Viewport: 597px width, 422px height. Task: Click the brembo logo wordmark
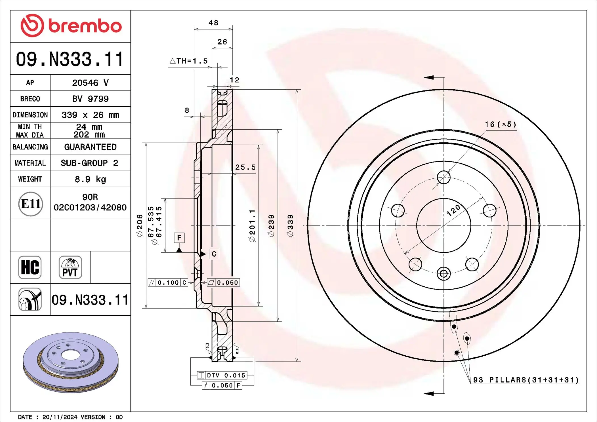[x=85, y=26]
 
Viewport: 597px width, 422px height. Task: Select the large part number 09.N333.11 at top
[x=70, y=59]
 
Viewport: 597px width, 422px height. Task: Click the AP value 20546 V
[x=90, y=83]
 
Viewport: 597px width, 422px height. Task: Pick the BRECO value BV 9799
[x=90, y=99]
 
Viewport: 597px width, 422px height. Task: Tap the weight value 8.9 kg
[x=90, y=179]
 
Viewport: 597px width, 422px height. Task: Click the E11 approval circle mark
[x=31, y=204]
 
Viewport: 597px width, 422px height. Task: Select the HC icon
[x=30, y=267]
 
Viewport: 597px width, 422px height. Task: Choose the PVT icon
[x=70, y=267]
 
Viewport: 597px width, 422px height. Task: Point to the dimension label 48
[x=213, y=23]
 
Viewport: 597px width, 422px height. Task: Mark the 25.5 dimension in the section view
[x=245, y=167]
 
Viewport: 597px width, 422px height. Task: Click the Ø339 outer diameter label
[x=290, y=225]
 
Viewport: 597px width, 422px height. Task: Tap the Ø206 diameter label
[x=140, y=225]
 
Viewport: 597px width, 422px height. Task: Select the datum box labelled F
[x=179, y=238]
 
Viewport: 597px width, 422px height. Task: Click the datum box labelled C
[x=214, y=254]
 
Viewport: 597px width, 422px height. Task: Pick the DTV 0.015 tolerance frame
[x=222, y=375]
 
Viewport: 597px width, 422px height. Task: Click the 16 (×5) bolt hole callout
[x=500, y=125]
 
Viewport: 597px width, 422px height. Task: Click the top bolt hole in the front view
[x=443, y=177]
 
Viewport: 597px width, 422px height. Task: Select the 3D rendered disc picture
[x=70, y=362]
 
